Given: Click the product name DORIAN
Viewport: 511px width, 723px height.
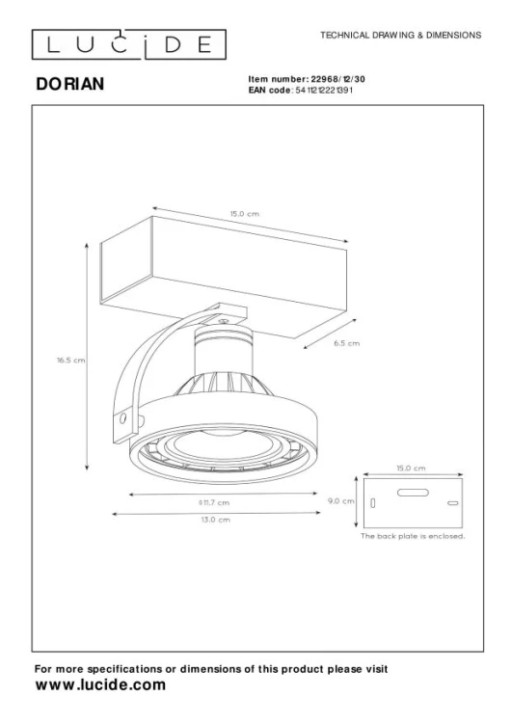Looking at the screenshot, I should (70, 85).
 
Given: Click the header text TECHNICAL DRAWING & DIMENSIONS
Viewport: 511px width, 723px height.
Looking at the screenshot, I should (399, 35).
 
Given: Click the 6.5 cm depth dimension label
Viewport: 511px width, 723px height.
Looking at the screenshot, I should (346, 342).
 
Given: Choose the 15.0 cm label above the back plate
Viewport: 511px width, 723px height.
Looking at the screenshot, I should (412, 468).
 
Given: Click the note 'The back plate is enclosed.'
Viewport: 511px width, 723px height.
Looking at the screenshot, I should (413, 535).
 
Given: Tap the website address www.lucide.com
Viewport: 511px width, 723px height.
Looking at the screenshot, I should (100, 684).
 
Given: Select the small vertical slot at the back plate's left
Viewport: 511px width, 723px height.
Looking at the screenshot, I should (372, 504).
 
